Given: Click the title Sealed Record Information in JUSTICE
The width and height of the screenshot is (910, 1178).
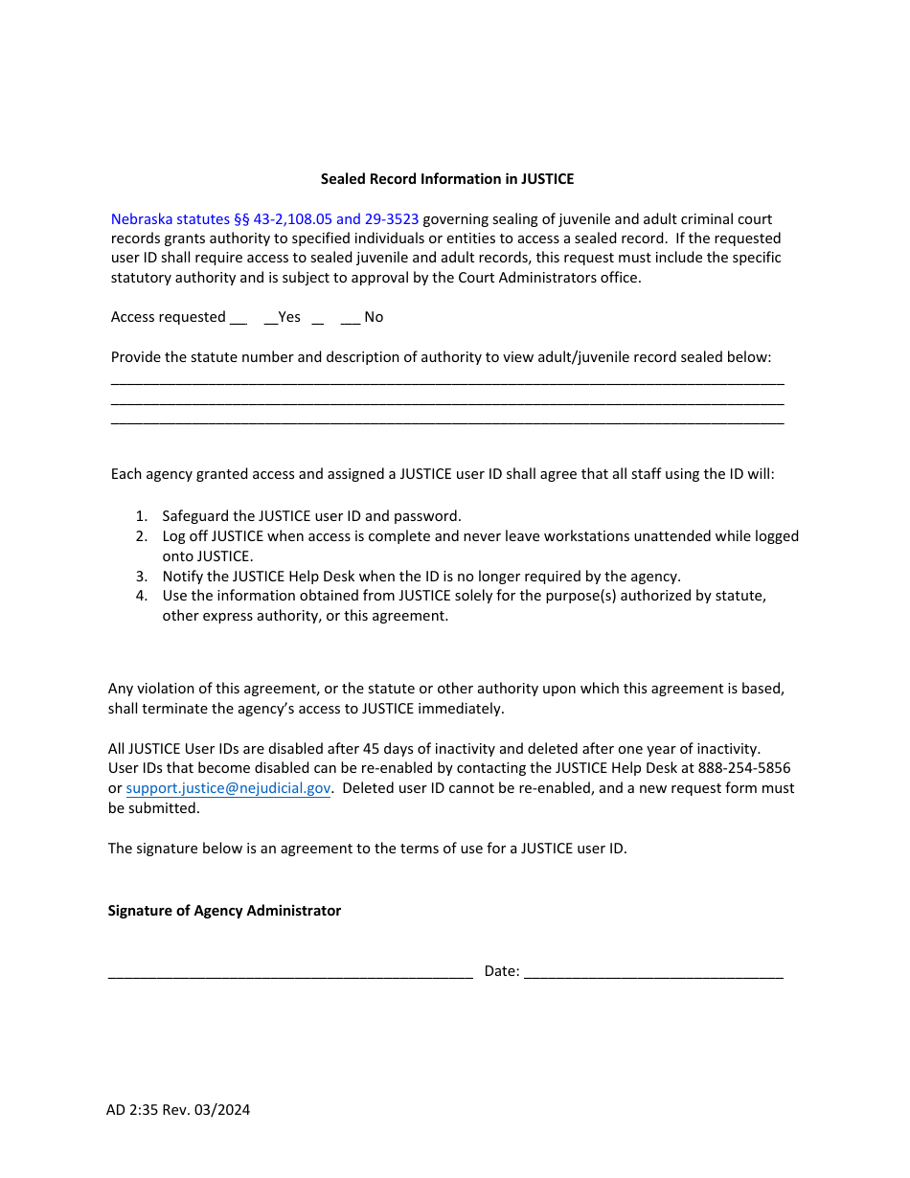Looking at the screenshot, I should pos(447,179).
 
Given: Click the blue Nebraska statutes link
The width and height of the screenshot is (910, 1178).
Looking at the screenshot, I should pos(264,219).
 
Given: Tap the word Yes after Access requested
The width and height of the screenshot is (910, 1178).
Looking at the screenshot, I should pos(289,317).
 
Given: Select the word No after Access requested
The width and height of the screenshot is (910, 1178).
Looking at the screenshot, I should pos(374,317).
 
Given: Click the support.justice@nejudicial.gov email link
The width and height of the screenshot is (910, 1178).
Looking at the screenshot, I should pos(228,788).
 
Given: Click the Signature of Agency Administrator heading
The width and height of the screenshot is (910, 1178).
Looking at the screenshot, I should pos(224,911).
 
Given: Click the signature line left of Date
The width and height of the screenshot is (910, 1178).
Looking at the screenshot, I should pos(290,975).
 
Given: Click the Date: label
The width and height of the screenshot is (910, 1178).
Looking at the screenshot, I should pos(502,971).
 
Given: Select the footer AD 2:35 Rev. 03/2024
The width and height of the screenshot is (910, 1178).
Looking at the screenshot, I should pos(178,1110).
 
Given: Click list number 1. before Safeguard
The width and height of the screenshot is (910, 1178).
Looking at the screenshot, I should pos(141,516).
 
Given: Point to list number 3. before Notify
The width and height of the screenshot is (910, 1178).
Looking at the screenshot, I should pos(141,577).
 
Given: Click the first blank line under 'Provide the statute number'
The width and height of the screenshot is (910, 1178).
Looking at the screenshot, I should pos(447,382).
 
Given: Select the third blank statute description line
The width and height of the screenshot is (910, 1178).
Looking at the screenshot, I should pos(447,422).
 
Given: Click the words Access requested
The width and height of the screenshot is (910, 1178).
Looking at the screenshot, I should pos(169,317).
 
